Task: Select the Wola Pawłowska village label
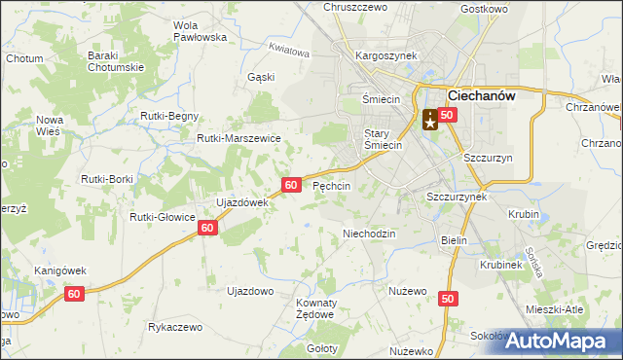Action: pos(199,30)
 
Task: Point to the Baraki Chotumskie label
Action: pos(116,61)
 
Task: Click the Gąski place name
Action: pos(261,76)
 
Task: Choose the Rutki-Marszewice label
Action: pos(239,138)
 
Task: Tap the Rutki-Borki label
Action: pos(107,179)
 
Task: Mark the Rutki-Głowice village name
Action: pos(164,217)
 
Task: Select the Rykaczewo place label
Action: pos(175,327)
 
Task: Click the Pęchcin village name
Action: pos(332,185)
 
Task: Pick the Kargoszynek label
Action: pos(386,55)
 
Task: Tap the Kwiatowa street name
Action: pos(289,50)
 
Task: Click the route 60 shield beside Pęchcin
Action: pos(291,184)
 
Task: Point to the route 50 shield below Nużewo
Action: pos(447,300)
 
